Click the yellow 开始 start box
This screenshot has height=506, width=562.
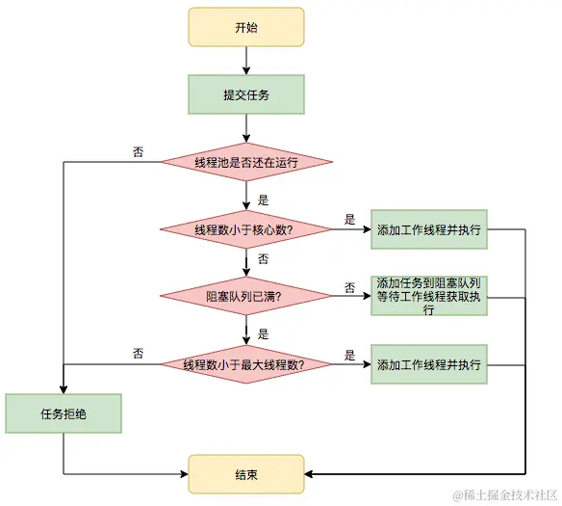tap(246, 28)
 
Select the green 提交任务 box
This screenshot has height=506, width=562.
tap(246, 94)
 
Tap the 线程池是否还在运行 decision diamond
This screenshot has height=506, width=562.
tap(246, 163)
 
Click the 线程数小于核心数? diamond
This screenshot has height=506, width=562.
tap(246, 229)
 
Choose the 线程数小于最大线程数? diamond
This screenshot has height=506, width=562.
tap(246, 365)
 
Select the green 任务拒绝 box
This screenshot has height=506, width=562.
tap(64, 413)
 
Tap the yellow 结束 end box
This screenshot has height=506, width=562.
tap(246, 474)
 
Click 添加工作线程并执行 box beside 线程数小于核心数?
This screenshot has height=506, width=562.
tap(429, 229)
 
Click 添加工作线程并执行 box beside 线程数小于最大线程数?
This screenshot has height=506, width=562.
tap(429, 365)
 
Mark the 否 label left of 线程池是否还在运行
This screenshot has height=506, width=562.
tap(139, 152)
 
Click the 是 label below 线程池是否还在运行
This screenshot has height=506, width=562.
tap(263, 200)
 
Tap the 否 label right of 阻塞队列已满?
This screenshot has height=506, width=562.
tap(350, 287)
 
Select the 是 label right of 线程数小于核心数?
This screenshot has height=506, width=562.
tap(349, 220)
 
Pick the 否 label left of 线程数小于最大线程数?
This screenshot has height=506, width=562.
tap(139, 354)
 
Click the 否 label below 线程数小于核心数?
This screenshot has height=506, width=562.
tap(263, 259)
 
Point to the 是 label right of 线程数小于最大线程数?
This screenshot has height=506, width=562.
tap(349, 355)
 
